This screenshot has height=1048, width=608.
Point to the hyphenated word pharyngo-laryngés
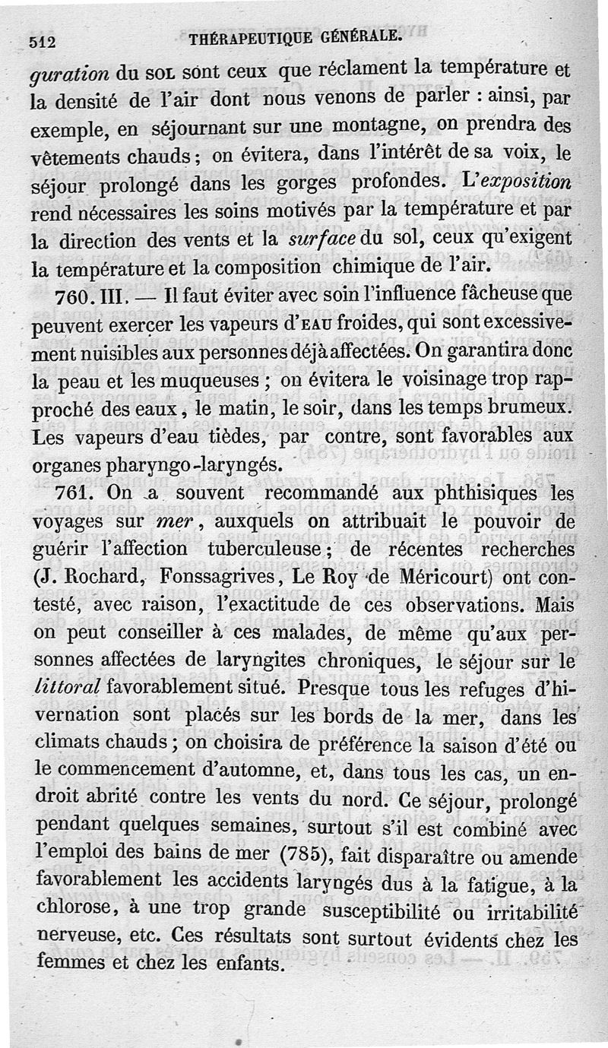click(x=147, y=464)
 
